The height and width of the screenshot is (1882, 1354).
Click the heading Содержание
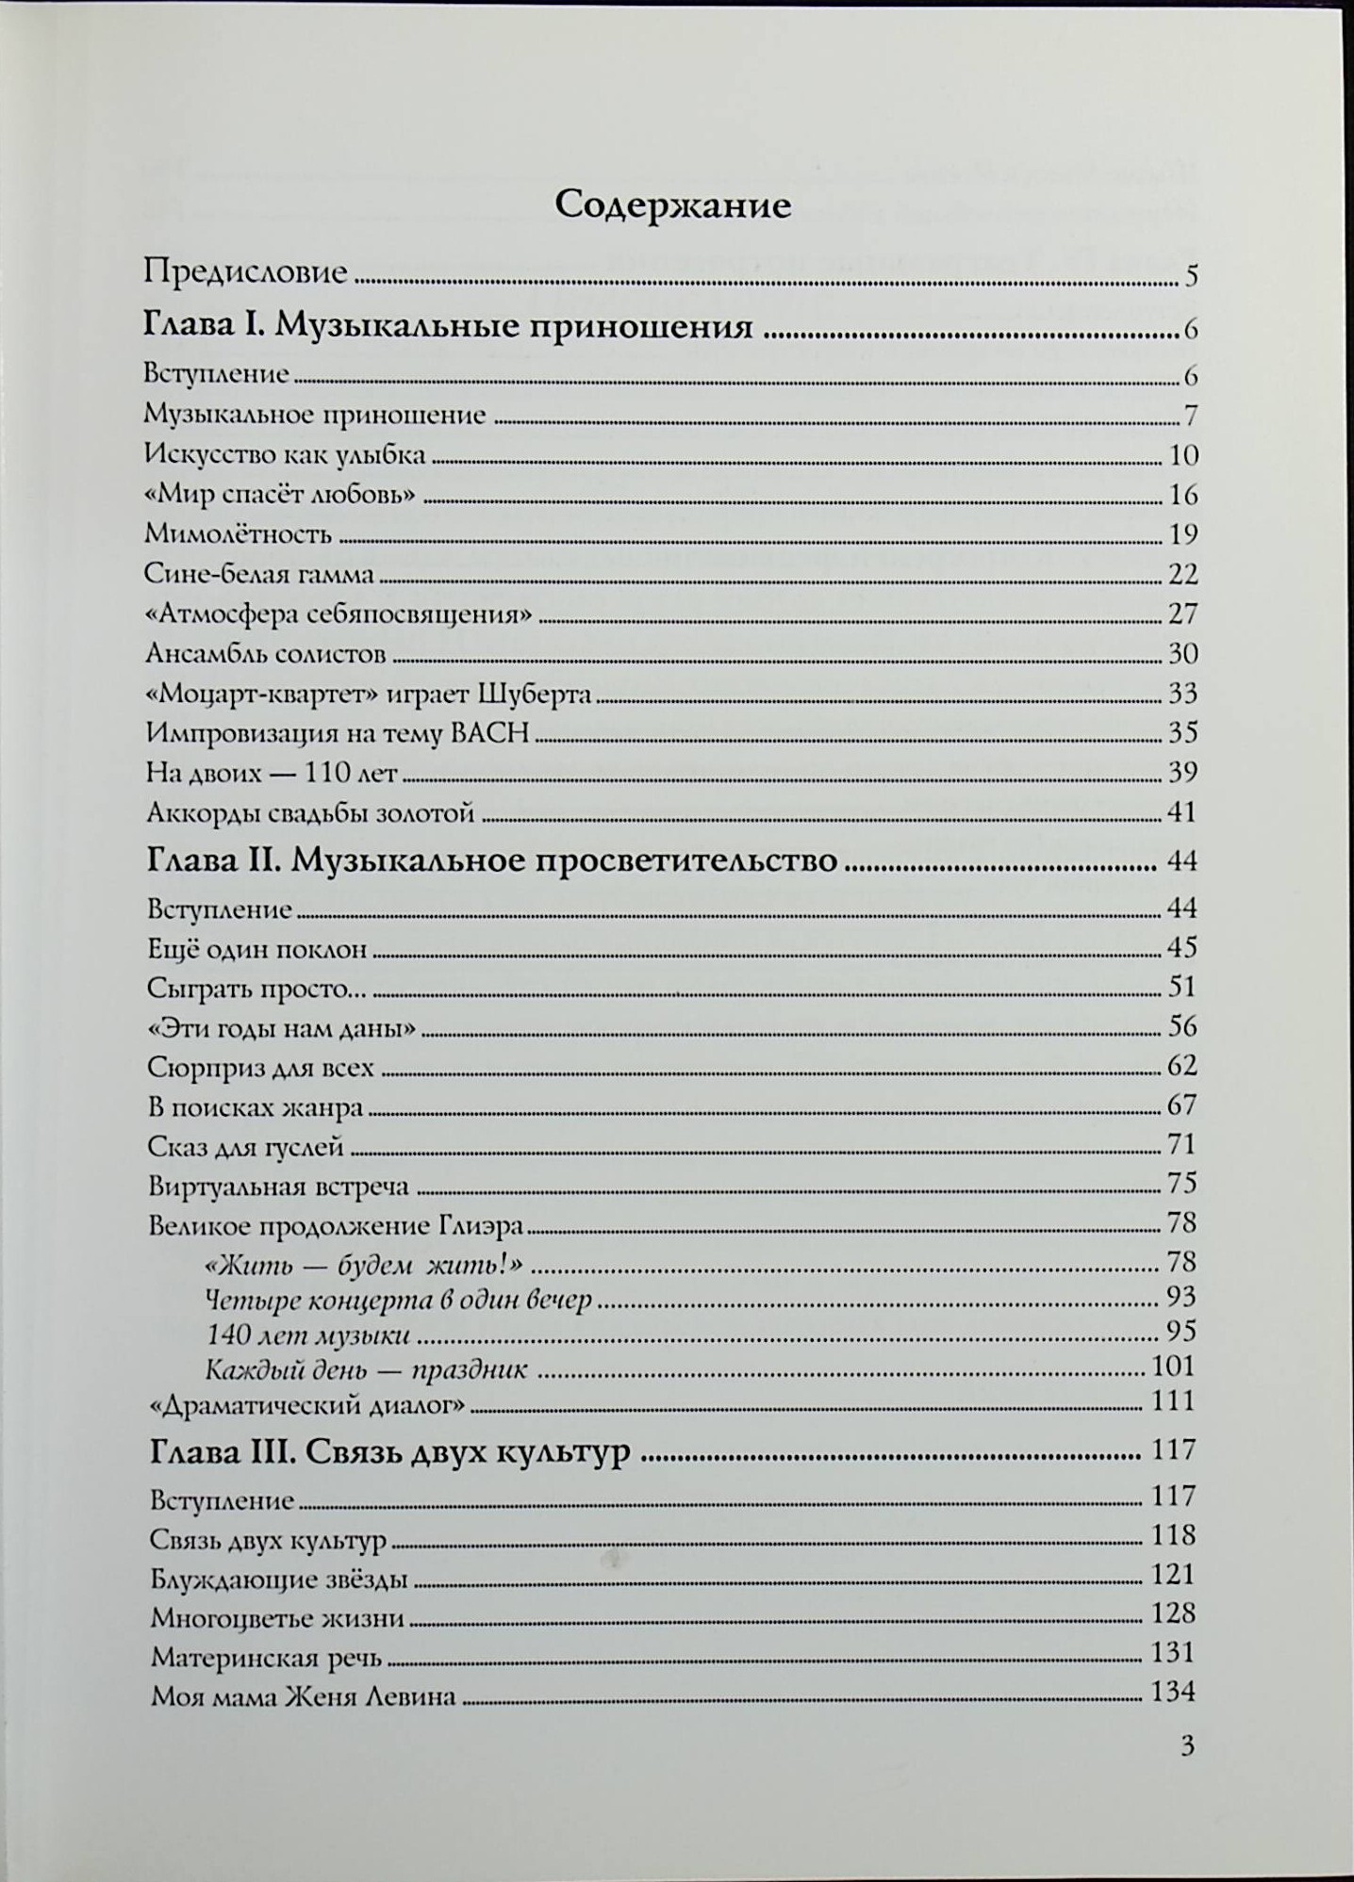click(x=672, y=205)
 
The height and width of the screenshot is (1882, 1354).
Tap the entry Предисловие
click(x=245, y=272)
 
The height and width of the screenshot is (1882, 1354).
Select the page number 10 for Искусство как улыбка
click(x=1182, y=456)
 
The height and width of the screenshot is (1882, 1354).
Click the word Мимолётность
click(x=238, y=535)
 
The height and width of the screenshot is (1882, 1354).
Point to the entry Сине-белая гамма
click(x=259, y=575)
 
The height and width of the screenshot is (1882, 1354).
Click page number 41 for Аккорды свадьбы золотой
click(x=1181, y=812)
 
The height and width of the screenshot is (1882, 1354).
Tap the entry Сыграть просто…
click(x=256, y=989)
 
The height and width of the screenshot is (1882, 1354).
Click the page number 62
click(x=1181, y=1066)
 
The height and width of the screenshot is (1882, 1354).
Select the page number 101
click(x=1173, y=1366)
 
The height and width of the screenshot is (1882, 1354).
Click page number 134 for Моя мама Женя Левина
click(x=1173, y=1693)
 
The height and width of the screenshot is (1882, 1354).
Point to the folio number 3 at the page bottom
click(x=1187, y=1746)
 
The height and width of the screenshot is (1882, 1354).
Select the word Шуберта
click(x=535, y=695)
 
